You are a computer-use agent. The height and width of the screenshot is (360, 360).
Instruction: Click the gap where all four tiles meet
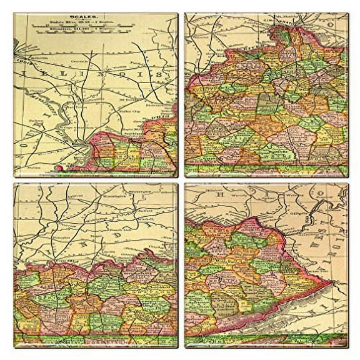(x=181, y=180)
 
